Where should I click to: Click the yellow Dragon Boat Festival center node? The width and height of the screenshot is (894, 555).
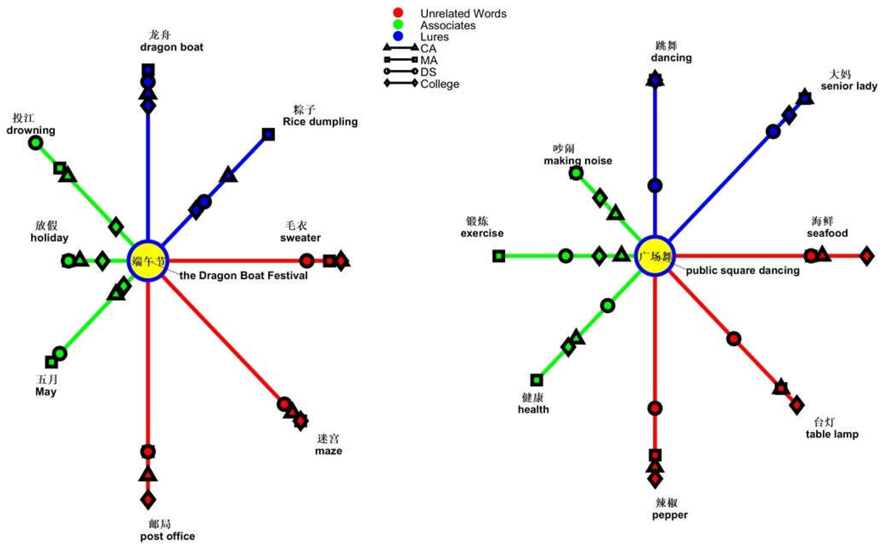[148, 261]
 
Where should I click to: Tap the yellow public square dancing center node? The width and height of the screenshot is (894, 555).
[654, 256]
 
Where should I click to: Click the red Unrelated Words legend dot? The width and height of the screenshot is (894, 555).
[398, 13]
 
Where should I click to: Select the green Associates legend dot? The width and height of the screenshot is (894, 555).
[398, 25]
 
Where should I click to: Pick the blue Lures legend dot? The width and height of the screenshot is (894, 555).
[398, 36]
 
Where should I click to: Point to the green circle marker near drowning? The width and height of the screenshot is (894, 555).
[36, 142]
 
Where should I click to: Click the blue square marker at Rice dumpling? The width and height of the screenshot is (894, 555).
[268, 134]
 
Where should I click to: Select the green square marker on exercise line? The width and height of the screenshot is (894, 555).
[498, 256]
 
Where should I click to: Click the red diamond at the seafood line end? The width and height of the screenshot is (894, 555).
[867, 256]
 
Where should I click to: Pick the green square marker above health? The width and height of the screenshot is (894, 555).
[536, 380]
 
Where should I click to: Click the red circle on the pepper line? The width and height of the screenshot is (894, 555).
[655, 408]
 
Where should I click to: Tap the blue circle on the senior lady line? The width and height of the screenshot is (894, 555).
[773, 131]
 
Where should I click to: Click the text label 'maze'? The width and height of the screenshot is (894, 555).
[328, 451]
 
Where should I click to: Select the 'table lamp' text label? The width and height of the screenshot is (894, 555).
[832, 434]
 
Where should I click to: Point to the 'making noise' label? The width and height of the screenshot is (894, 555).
[577, 161]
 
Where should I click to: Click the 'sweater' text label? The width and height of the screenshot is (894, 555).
[300, 238]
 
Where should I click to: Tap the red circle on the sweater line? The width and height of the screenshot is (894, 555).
[306, 261]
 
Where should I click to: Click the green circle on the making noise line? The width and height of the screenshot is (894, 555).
[576, 173]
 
